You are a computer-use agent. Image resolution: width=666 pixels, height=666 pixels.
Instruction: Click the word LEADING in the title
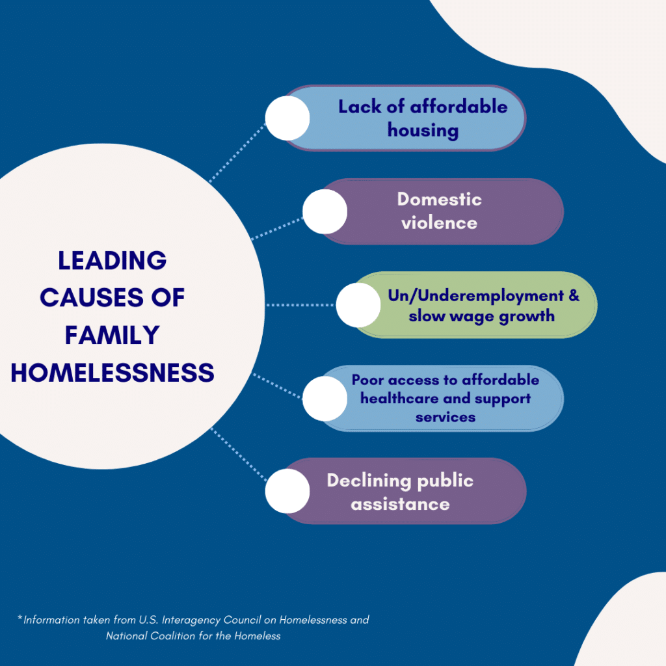112,260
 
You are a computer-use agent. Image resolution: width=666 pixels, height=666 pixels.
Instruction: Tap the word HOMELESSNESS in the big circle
113,373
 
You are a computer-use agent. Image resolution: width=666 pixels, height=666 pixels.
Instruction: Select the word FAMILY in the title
112,335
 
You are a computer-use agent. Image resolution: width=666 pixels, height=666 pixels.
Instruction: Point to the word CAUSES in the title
92,297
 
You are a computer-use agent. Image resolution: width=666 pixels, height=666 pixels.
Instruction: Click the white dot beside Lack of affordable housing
287,118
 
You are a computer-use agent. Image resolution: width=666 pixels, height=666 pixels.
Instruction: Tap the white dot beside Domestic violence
325,211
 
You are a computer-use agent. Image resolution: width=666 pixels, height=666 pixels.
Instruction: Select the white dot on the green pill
358,305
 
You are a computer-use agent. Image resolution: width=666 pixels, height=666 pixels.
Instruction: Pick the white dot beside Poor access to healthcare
325,399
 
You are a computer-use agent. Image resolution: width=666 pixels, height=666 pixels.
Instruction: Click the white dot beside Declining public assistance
287,491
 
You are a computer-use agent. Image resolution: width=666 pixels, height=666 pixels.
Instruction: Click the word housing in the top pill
423,131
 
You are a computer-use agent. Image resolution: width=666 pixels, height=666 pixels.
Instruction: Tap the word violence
440,223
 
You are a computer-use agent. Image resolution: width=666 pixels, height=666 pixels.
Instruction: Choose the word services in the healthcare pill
446,418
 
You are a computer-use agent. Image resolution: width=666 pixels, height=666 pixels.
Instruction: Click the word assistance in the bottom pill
400,505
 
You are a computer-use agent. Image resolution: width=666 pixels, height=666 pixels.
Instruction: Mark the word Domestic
440,199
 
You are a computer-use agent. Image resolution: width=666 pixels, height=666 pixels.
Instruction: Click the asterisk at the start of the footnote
20,617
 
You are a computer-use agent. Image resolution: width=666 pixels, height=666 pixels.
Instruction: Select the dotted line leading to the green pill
300,305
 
